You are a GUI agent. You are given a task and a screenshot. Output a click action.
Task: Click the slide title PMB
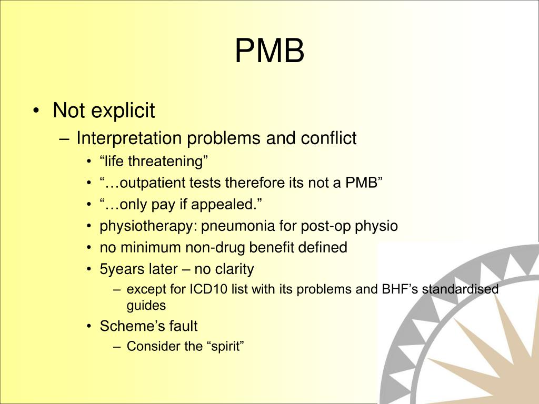(269, 51)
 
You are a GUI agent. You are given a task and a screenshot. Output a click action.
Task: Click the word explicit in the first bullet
(123, 111)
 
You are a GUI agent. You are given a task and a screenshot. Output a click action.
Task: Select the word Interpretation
(130, 138)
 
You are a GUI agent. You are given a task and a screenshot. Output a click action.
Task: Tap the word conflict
(328, 138)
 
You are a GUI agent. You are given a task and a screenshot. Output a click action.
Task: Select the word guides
(146, 305)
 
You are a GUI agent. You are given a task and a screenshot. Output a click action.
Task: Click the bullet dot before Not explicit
(35, 112)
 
